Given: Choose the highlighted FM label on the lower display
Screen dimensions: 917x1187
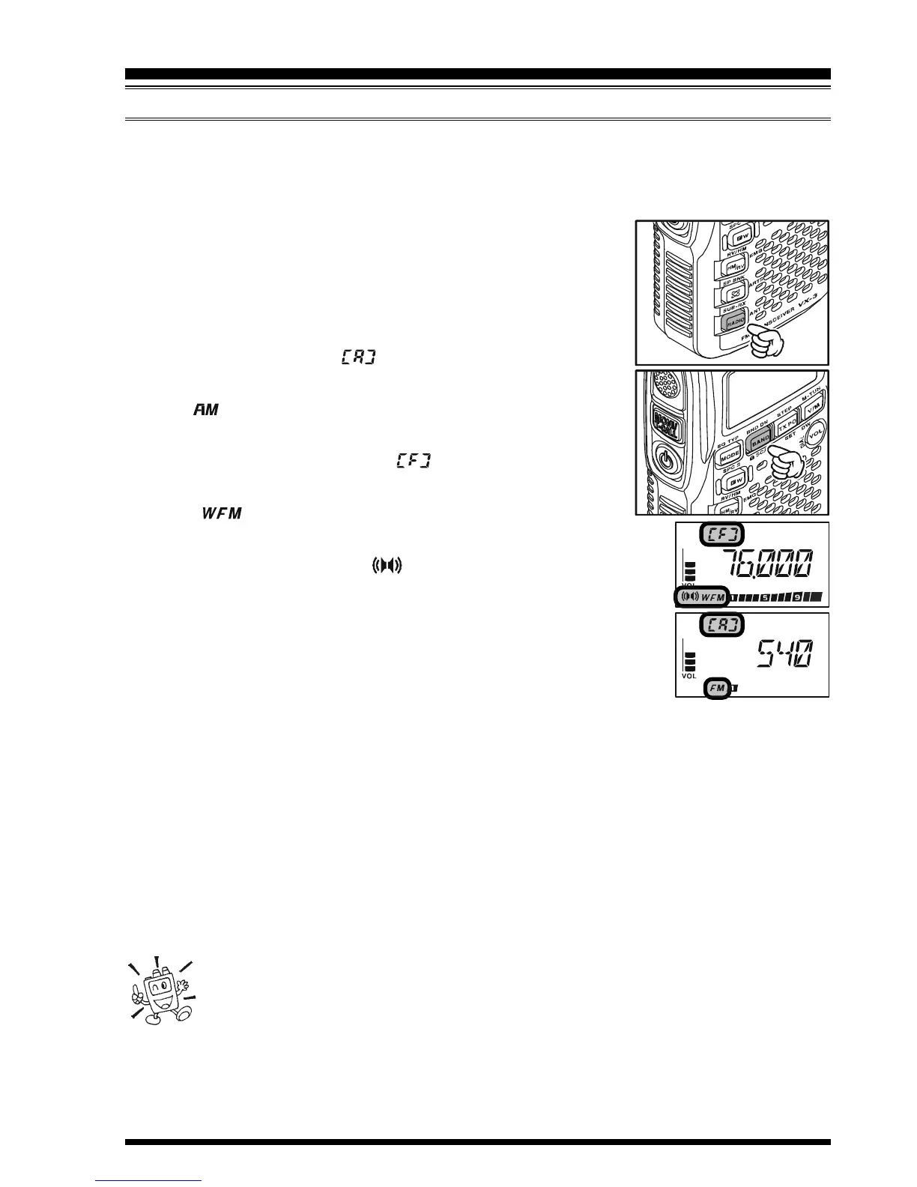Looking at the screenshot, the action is point(716,687).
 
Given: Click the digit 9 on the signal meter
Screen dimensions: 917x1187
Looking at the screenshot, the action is point(798,597).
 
